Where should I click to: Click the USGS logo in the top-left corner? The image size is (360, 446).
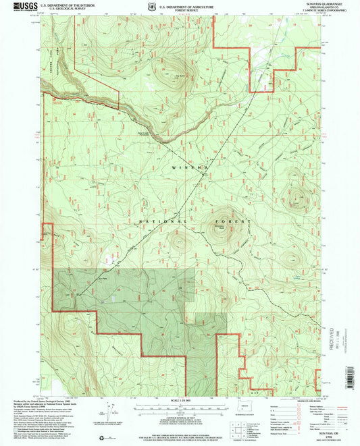coord(20,7)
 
